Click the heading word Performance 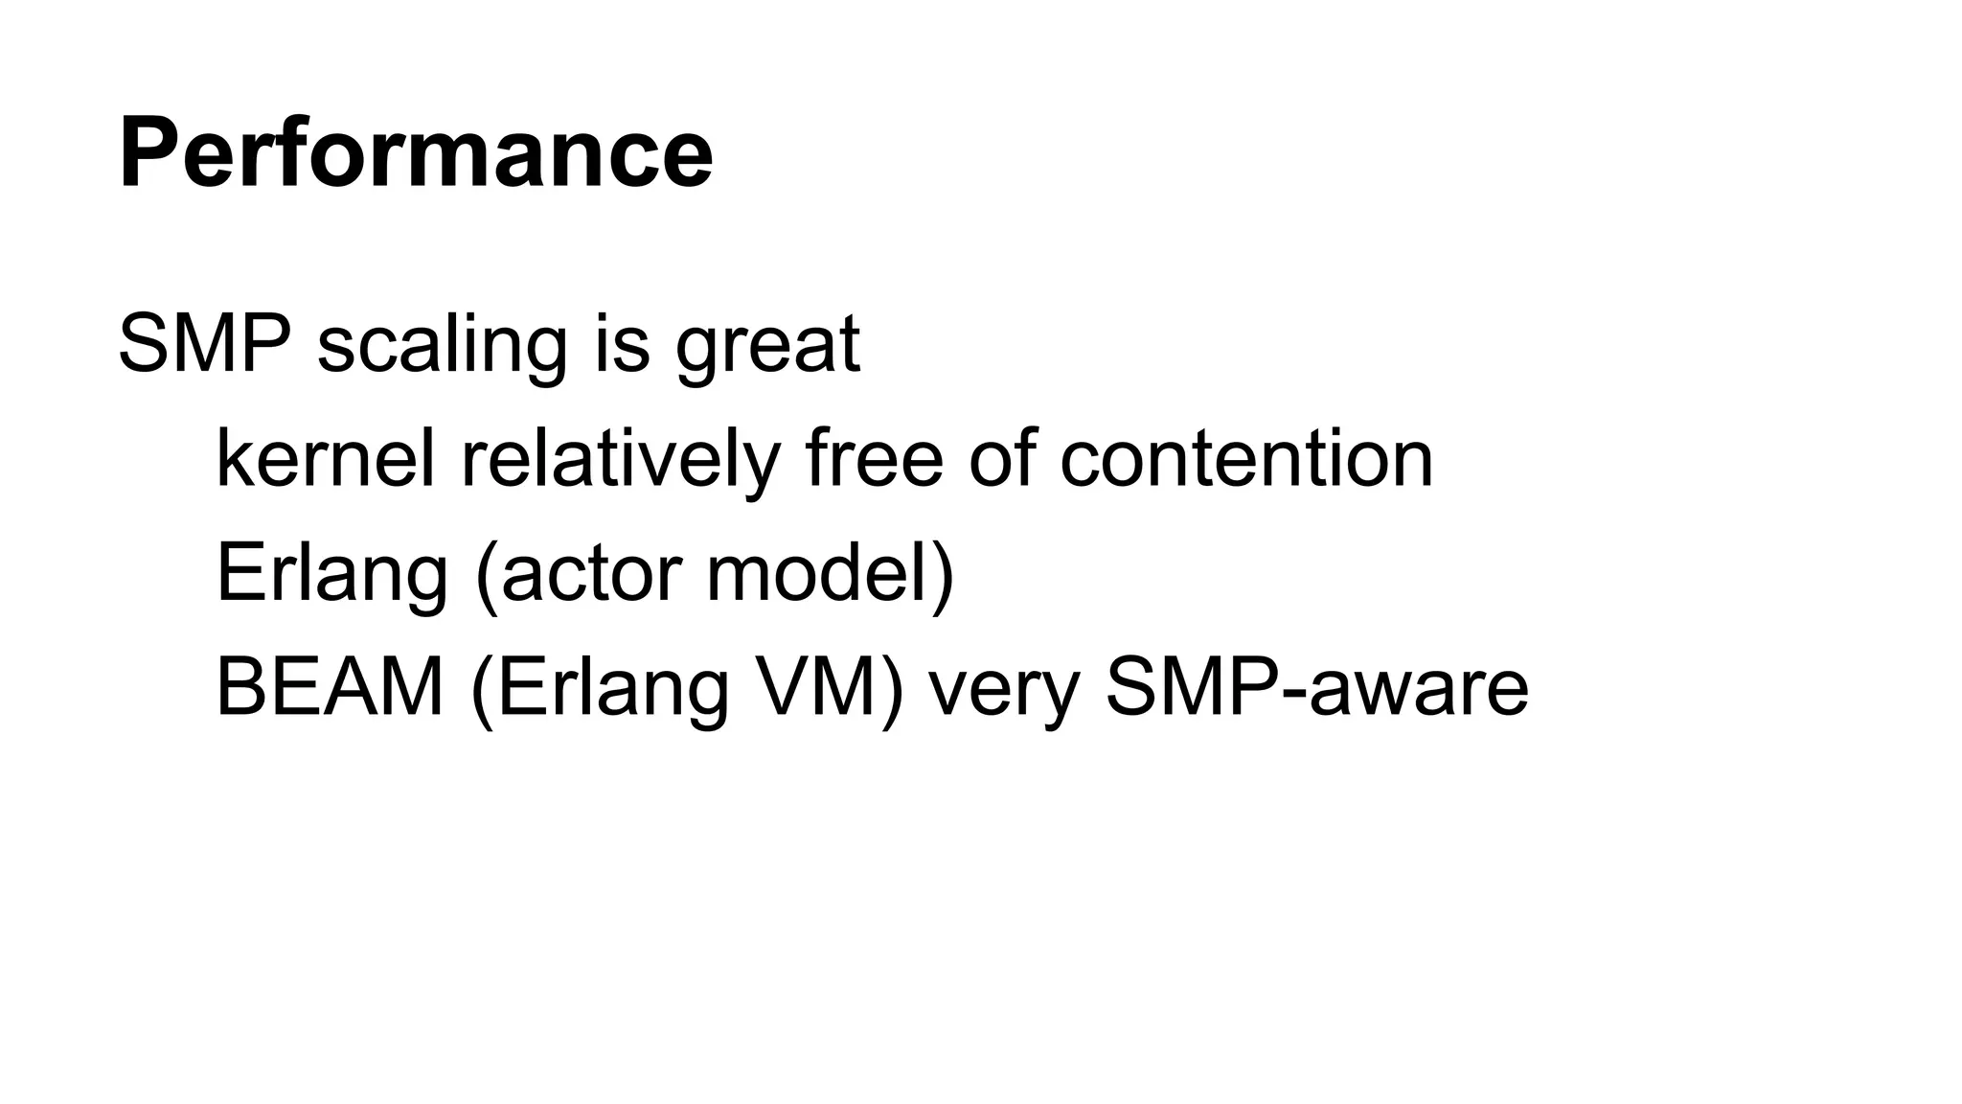[416, 153]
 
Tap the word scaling [442, 347]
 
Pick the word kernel [326, 458]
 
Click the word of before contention [1001, 458]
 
